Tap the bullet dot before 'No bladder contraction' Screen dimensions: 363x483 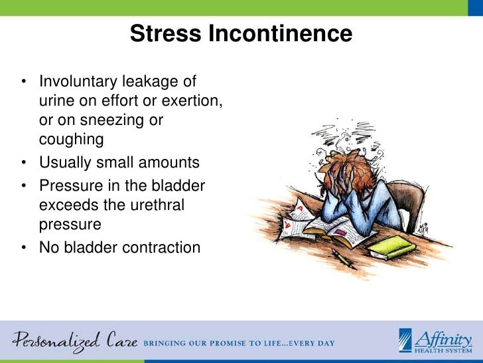coord(24,247)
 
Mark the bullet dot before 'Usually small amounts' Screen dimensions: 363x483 coord(24,162)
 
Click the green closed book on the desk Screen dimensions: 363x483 coord(391,248)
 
